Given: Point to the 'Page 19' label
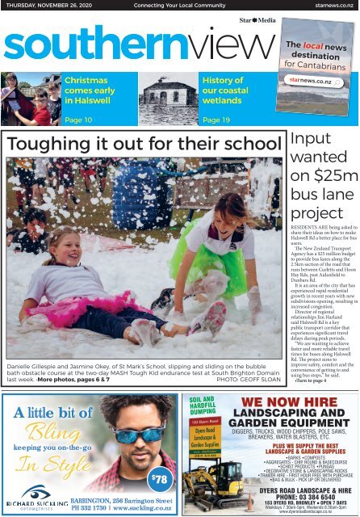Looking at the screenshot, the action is [x=217, y=120].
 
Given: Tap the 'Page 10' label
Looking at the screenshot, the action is [x=79, y=120].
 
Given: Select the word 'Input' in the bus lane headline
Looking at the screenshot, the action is [x=309, y=141].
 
